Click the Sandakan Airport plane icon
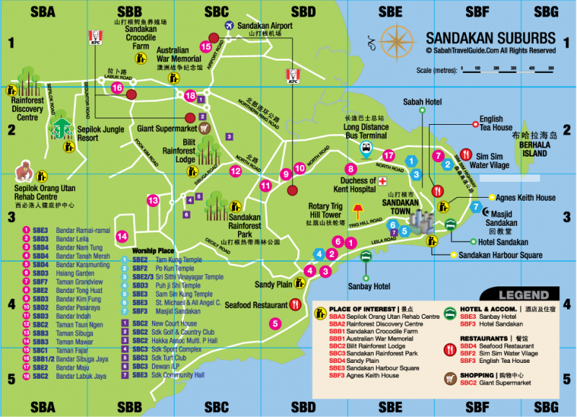(229, 26)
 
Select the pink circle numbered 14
(123, 236)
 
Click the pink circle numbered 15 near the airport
(206, 47)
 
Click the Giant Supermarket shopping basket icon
(204, 129)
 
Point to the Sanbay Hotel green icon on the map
(366, 256)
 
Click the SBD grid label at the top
(304, 12)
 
